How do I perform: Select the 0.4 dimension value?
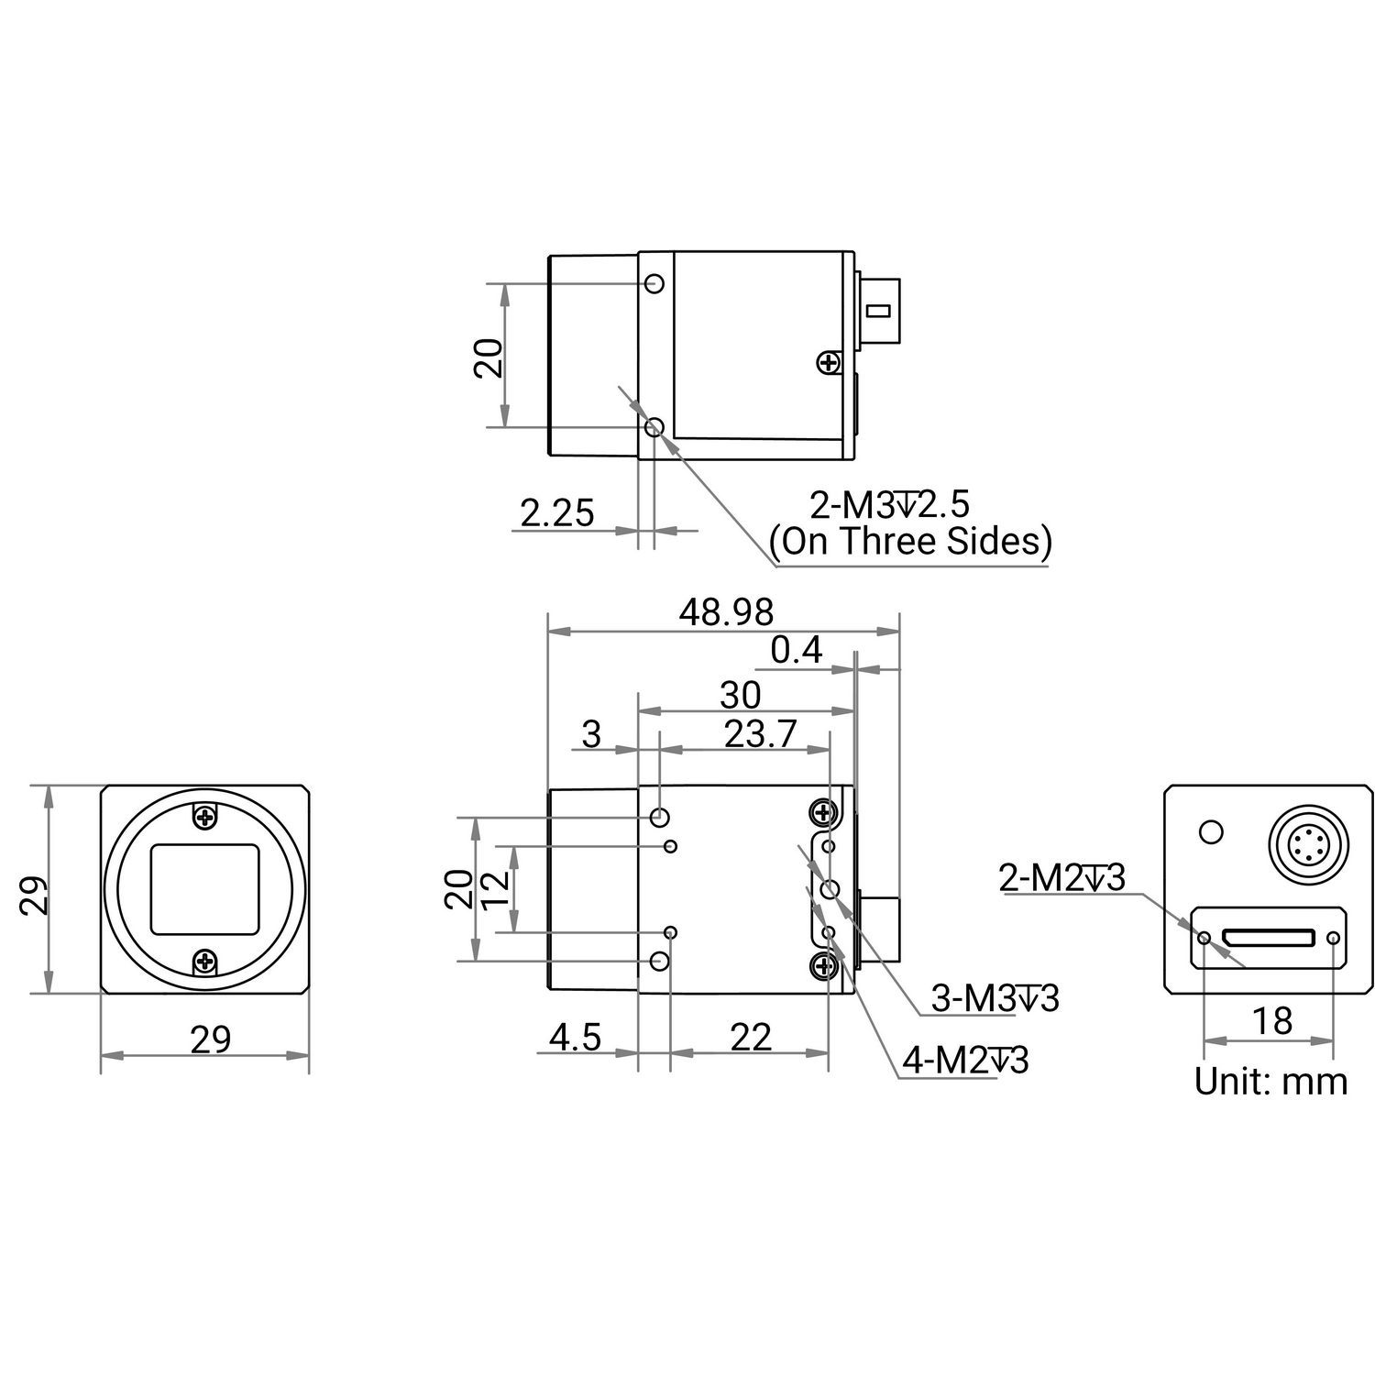pyautogui.click(x=797, y=650)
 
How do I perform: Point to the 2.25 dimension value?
pyautogui.click(x=557, y=512)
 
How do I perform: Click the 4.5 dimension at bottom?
pyautogui.click(x=575, y=1038)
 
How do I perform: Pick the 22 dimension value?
pyautogui.click(x=751, y=1038)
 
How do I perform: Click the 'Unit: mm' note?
pyautogui.click(x=1270, y=1082)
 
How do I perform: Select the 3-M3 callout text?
pyautogui.click(x=995, y=998)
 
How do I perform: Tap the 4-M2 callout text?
pyautogui.click(x=966, y=1061)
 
